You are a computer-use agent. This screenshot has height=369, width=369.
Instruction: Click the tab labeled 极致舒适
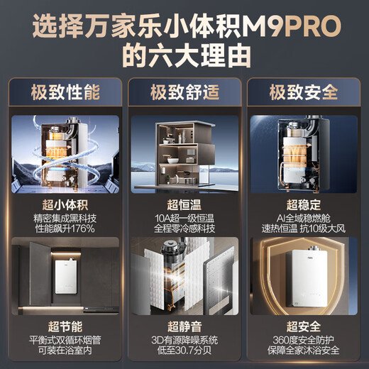pyautogui.click(x=184, y=92)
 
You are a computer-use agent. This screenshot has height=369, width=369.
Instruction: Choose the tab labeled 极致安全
pyautogui.click(x=303, y=92)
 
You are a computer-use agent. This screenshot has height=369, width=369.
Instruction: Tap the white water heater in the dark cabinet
pyautogui.click(x=66, y=273)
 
